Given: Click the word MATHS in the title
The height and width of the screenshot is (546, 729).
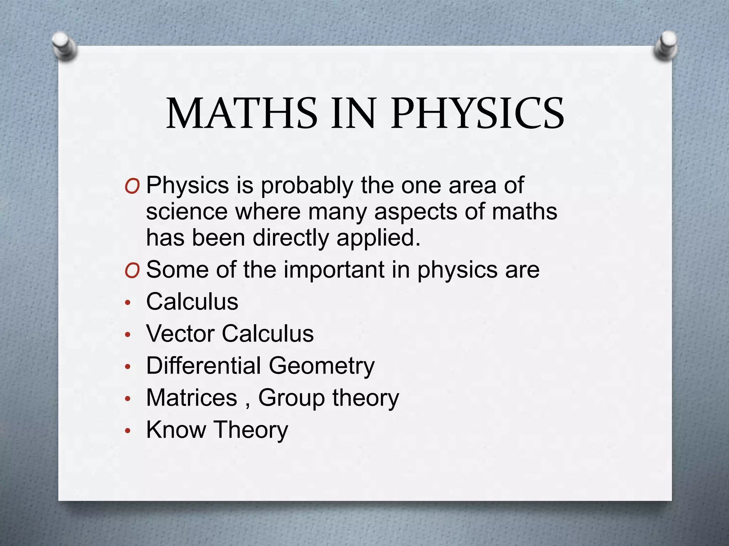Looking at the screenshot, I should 242,113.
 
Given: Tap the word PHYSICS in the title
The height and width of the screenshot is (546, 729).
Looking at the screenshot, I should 477,113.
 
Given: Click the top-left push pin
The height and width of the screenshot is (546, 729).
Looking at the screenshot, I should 64,46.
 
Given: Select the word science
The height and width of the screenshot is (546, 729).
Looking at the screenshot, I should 187,212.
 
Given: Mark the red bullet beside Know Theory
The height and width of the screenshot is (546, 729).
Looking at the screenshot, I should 128,431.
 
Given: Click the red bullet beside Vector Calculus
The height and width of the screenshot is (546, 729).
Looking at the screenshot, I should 128,335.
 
